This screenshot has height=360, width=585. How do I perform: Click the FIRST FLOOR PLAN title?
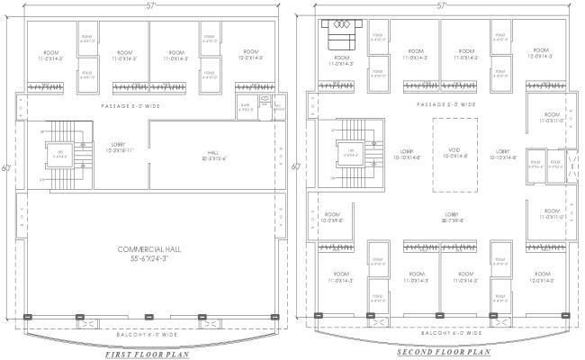point(148,355)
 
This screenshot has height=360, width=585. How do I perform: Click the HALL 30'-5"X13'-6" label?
point(213,154)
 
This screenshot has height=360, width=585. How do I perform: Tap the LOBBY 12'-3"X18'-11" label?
point(117,147)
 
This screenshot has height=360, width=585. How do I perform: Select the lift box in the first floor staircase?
point(61,154)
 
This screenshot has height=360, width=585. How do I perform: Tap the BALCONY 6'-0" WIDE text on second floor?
point(439,333)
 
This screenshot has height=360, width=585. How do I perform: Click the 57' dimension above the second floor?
point(442,5)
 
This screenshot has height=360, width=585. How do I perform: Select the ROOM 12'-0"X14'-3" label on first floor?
point(250,54)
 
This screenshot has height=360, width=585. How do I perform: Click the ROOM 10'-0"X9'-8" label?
point(333,216)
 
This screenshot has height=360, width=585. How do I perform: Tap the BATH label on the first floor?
point(243,107)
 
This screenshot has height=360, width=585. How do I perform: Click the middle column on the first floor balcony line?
point(148,316)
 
